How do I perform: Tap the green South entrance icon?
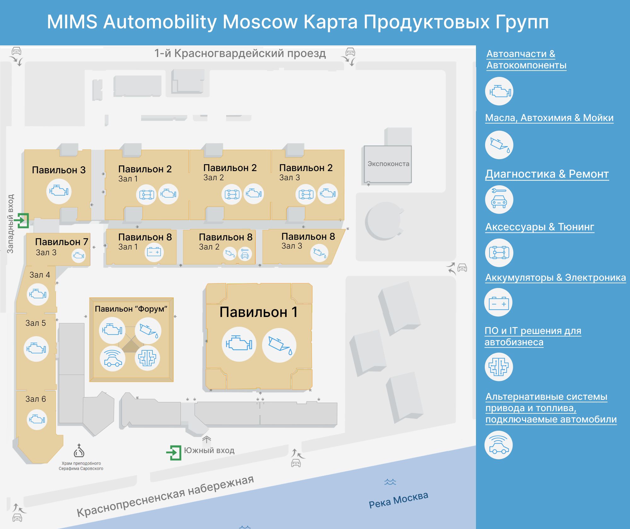tap(174, 452)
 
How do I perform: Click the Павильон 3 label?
tap(59, 170)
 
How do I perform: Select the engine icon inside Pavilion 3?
tap(59, 191)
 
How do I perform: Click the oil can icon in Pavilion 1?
tap(279, 345)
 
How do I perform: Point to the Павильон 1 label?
tap(258, 312)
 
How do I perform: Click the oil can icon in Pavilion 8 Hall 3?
tap(319, 253)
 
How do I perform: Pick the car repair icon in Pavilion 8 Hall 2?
tap(245, 254)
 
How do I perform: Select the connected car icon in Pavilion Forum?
tap(112, 358)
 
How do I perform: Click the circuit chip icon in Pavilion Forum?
tap(147, 358)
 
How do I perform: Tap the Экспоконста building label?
tap(388, 164)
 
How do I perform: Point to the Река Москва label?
tap(398, 499)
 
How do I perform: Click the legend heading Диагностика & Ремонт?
tap(547, 174)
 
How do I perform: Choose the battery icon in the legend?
tap(499, 302)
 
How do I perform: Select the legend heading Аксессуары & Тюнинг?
tap(540, 227)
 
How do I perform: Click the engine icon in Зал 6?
tap(37, 419)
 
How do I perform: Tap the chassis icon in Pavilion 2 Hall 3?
tap(306, 194)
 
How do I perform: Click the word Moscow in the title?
tap(260, 22)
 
